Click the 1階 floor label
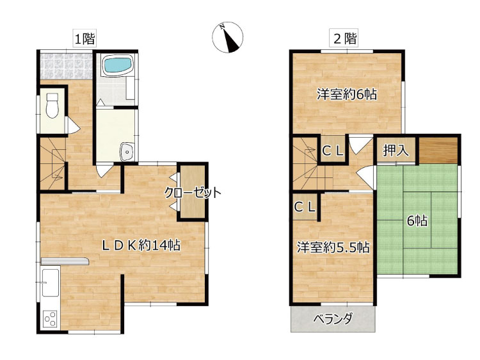click(84, 39)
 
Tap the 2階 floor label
click(345, 39)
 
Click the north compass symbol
click(227, 37)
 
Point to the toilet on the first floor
click(52, 105)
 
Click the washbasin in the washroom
click(127, 151)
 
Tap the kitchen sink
click(51, 282)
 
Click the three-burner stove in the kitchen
click(50, 318)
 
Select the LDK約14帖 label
click(141, 245)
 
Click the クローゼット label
click(193, 193)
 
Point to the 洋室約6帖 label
click(347, 94)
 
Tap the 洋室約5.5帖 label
click(333, 247)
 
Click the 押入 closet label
click(396, 151)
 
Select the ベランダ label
click(333, 319)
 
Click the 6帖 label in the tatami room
click(417, 220)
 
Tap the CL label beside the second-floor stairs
click(333, 151)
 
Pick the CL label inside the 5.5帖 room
click(305, 208)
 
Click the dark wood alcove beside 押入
click(438, 151)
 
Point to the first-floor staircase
click(52, 163)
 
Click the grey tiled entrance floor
click(67, 67)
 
